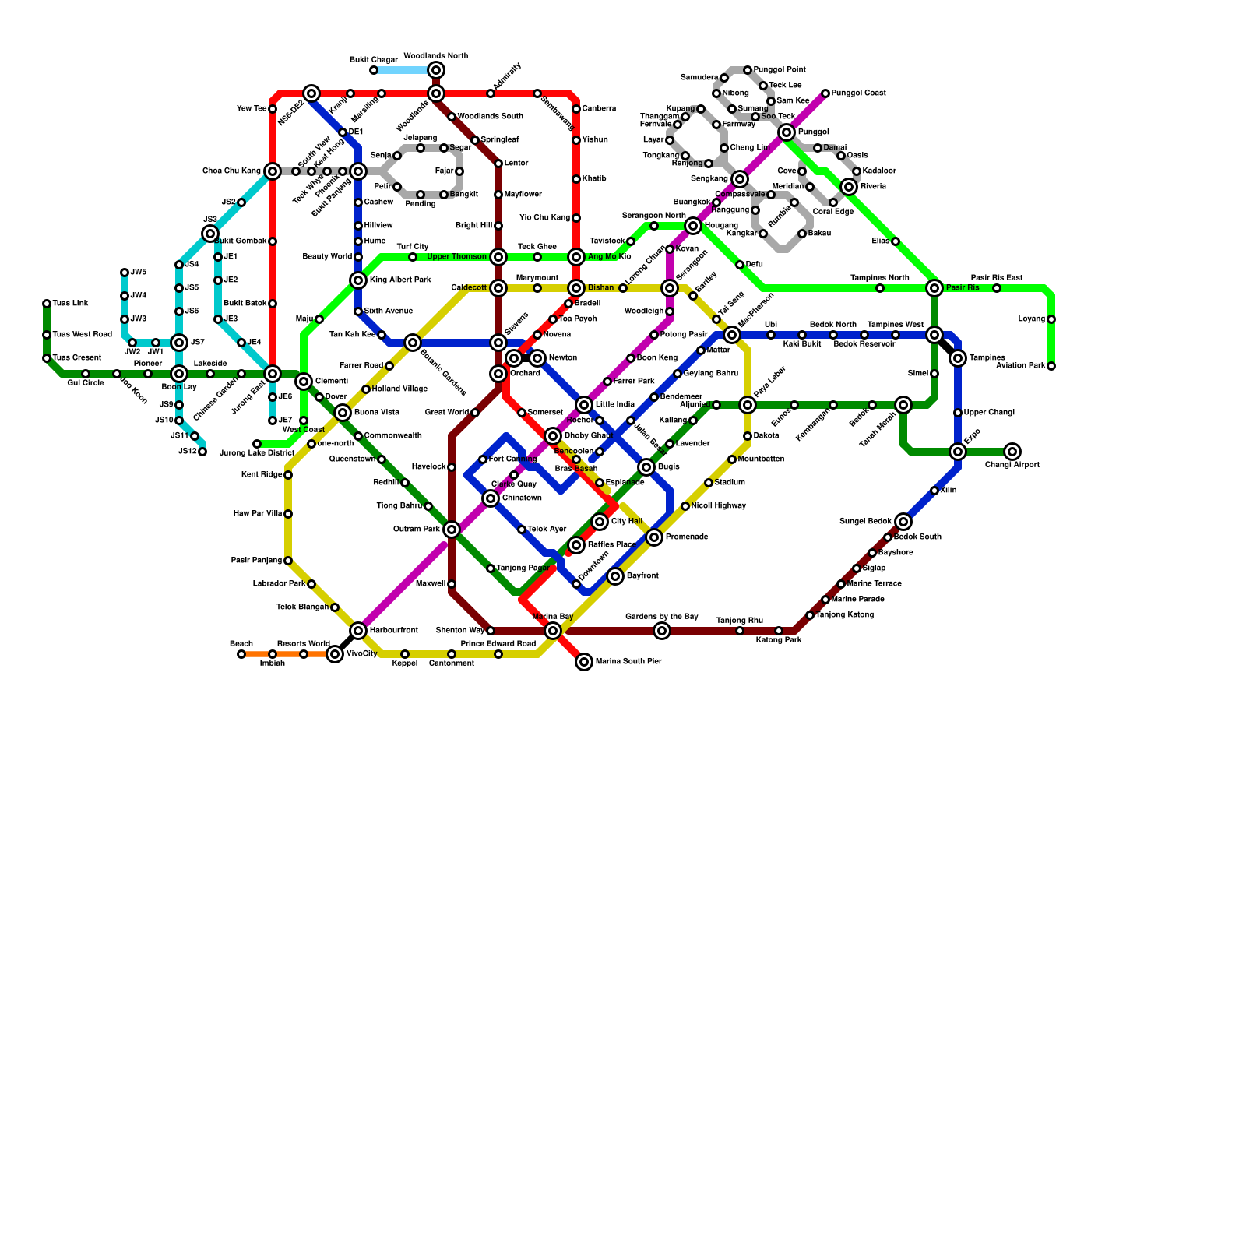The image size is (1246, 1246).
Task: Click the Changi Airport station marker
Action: pyautogui.click(x=1012, y=452)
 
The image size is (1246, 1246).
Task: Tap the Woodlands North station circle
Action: pyautogui.click(x=436, y=70)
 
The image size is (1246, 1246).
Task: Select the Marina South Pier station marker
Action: pyautogui.click(x=584, y=662)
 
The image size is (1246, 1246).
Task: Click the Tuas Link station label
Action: pyautogui.click(x=70, y=304)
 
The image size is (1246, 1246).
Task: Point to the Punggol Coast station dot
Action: pyautogui.click(x=825, y=93)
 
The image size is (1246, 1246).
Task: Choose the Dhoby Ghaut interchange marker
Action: pyautogui.click(x=553, y=436)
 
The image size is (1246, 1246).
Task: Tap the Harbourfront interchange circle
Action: pyautogui.click(x=358, y=631)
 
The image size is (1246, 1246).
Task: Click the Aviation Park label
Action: pyautogui.click(x=1021, y=366)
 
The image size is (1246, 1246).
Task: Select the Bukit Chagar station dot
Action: pyautogui.click(x=374, y=70)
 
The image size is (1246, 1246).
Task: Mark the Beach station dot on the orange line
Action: pyautogui.click(x=241, y=654)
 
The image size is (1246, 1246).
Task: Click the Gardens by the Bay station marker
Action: pyautogui.click(x=662, y=631)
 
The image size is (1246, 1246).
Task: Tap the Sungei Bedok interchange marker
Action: pyautogui.click(x=903, y=522)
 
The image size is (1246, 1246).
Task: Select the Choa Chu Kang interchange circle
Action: pyautogui.click(x=273, y=171)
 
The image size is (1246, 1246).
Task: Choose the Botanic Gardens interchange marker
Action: pyautogui.click(x=413, y=343)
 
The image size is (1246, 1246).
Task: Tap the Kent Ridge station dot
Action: pyautogui.click(x=288, y=475)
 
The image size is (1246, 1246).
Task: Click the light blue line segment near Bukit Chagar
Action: pyautogui.click(x=401, y=70)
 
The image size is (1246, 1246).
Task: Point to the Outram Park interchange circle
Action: pyautogui.click(x=452, y=530)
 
